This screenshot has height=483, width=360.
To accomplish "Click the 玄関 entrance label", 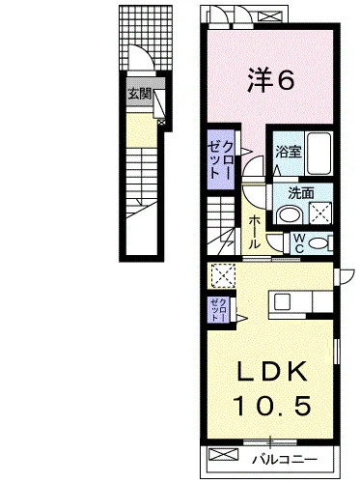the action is point(140,95).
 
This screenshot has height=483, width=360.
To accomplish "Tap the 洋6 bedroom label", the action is point(270,81).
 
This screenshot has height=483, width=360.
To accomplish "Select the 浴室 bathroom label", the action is point(289,152).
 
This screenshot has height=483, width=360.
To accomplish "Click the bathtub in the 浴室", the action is point(318,154).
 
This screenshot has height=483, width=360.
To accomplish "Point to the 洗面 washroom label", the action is point(301,193).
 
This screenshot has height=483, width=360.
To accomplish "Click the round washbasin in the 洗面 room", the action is point(289,214).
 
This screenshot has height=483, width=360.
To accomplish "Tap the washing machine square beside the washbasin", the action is point(320,213).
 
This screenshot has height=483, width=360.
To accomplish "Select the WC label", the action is point(299,243).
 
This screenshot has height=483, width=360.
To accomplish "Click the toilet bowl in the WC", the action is point(317,242).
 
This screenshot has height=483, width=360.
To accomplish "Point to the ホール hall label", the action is point(254,232).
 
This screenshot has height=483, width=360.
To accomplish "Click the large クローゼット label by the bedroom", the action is point(219,159).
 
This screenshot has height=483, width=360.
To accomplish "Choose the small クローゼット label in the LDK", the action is point(219,309).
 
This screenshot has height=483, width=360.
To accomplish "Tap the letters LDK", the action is point(270,373).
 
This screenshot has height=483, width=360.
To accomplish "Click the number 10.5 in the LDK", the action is point(272,406).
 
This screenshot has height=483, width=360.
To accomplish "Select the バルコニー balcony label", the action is point(285,459).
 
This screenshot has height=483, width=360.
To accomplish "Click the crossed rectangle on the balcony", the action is point(222,454).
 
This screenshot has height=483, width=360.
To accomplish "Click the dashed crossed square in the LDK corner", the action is point(223,275).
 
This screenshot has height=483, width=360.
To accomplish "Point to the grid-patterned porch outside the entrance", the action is point(146,38).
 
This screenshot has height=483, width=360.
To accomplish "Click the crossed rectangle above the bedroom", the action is point(269,16).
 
